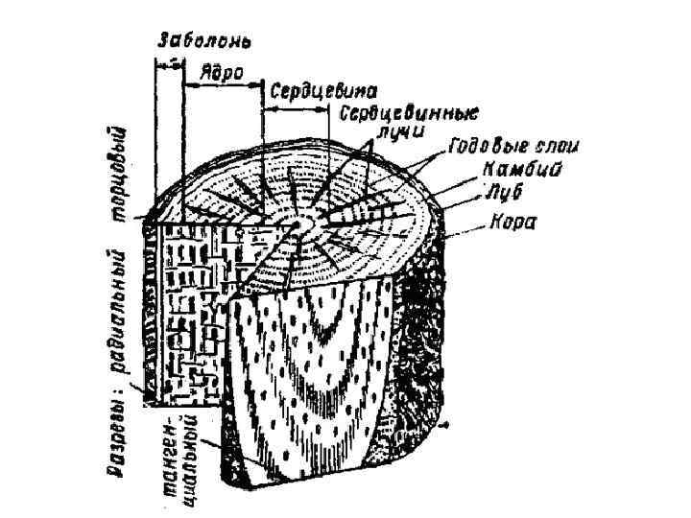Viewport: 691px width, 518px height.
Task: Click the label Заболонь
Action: pyautogui.click(x=203, y=42)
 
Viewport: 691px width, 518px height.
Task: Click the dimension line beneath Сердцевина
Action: pyautogui.click(x=298, y=104)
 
